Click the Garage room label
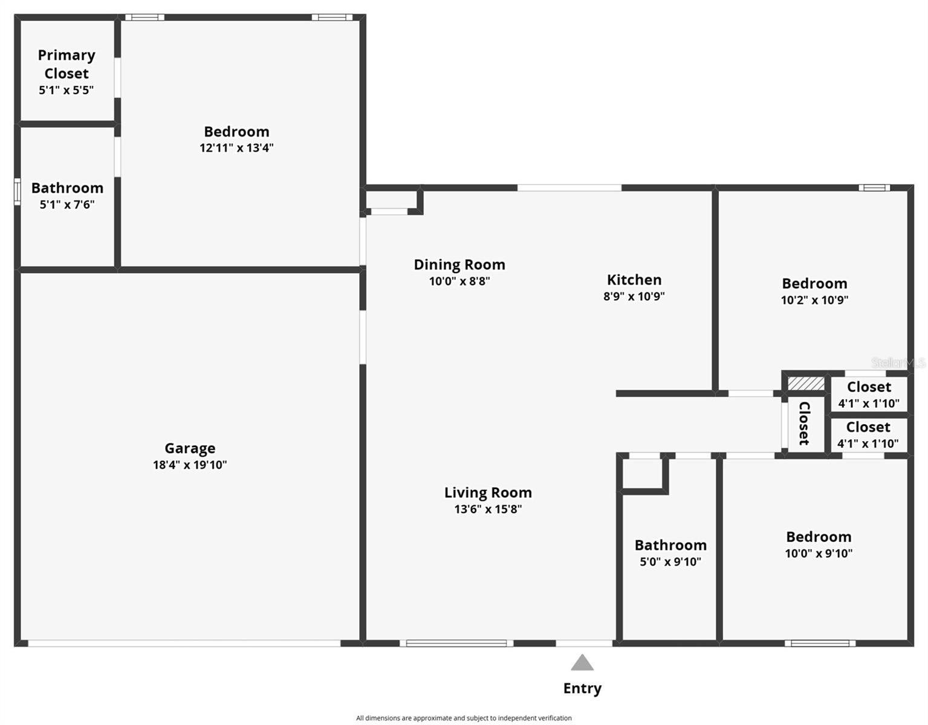point(190,448)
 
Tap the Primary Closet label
point(67,64)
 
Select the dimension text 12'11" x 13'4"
point(236,148)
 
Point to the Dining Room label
point(459,265)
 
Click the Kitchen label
point(634,280)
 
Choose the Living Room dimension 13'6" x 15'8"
point(488,509)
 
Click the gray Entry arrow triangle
point(582,663)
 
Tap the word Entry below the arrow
point(582,689)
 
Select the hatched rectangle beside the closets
point(806,384)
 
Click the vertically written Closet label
point(805,424)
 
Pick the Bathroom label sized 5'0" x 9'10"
point(670,545)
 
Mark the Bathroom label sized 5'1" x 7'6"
point(67,188)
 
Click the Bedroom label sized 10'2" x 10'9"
point(814,283)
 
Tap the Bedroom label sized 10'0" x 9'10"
point(819,537)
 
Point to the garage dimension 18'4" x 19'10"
point(190,465)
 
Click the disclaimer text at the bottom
point(464,718)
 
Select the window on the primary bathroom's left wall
point(18,192)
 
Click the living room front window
point(456,643)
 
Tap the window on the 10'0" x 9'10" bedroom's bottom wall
point(820,643)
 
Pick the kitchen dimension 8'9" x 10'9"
point(634,297)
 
